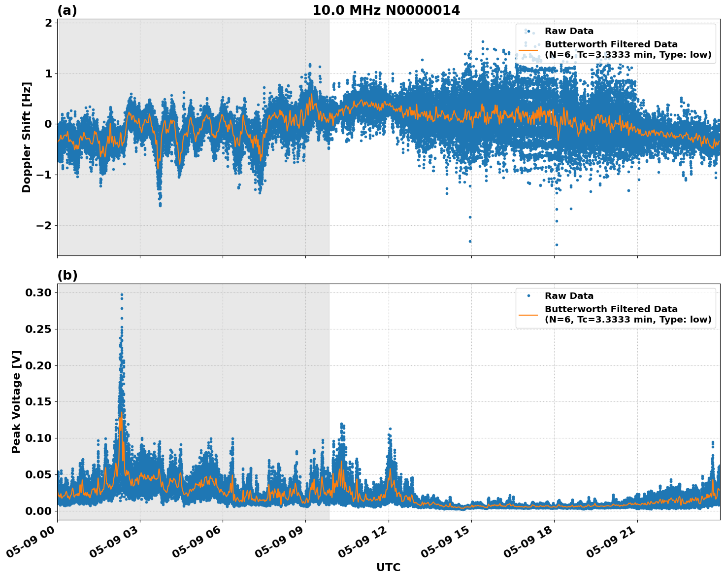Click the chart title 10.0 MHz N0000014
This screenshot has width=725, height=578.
click(386, 10)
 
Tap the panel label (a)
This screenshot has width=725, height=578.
click(67, 10)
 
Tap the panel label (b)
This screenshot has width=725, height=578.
click(67, 275)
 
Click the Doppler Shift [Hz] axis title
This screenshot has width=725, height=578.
click(27, 137)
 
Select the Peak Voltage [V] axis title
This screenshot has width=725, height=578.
click(16, 401)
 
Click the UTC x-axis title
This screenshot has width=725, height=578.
click(388, 567)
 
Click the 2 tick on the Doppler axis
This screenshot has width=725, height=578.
click(48, 23)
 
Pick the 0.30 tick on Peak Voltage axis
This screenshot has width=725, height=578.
click(38, 292)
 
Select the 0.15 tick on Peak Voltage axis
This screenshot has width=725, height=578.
click(38, 401)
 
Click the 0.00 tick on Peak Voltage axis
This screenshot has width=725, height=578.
click(38, 510)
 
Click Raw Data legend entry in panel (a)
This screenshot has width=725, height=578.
click(569, 31)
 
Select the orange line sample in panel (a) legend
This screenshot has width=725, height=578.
click(528, 49)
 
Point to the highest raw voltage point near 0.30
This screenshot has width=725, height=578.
click(122, 295)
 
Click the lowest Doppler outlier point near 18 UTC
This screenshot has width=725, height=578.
click(557, 245)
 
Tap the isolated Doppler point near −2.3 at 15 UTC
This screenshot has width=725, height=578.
click(470, 241)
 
